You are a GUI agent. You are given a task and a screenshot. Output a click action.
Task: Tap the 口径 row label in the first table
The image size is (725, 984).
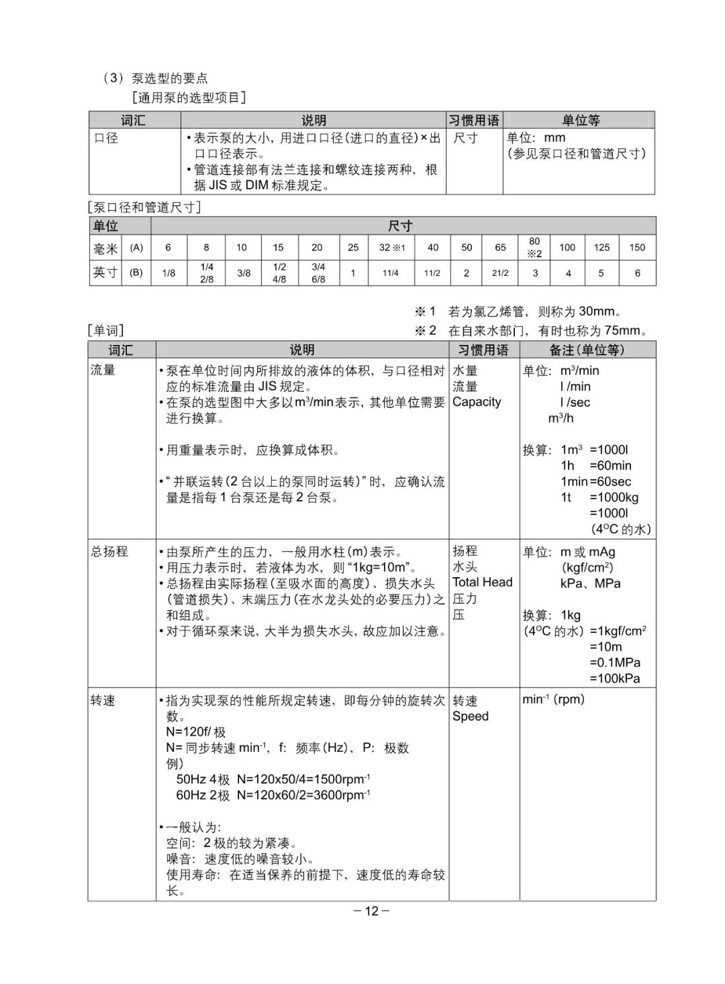pos(106,138)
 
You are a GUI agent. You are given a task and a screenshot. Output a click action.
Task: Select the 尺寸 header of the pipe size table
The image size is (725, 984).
pos(400,226)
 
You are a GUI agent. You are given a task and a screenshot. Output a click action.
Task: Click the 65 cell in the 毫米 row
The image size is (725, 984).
pos(500,248)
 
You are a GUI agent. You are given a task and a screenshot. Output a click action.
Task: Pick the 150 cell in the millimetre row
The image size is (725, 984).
pos(637,248)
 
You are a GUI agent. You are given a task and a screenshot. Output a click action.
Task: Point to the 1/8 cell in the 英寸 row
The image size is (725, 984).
pos(168,273)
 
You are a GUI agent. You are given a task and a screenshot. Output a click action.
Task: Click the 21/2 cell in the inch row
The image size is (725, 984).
pos(500,273)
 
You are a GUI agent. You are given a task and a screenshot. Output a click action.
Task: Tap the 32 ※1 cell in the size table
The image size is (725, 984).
pos(392,248)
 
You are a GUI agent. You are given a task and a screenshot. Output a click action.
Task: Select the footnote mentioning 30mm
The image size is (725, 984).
pos(519,311)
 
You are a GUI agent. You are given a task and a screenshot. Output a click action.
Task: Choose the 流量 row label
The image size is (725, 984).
pos(103,370)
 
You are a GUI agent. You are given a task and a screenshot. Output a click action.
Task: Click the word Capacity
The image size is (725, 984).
pos(477,402)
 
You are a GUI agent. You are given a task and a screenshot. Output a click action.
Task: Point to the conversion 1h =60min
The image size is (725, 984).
pos(596,466)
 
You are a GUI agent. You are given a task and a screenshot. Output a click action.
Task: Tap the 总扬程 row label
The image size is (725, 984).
pos(109,551)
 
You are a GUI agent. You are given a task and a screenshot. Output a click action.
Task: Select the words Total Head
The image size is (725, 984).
pos(482,583)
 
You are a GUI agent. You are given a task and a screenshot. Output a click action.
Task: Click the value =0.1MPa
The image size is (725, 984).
pos(615,662)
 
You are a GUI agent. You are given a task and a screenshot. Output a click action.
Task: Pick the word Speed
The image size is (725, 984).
pos(471,716)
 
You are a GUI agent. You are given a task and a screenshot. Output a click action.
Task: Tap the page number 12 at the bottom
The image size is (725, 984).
pos(372,911)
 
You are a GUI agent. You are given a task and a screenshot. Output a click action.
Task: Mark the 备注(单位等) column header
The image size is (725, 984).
pos(587,350)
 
